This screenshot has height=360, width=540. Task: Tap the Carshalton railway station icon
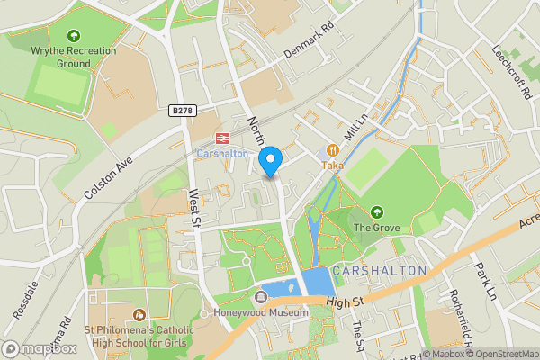(x=220, y=139)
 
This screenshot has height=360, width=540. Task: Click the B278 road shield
(x=182, y=110)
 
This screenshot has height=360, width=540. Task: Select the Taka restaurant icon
(x=332, y=151)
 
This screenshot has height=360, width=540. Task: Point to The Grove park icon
(x=376, y=212)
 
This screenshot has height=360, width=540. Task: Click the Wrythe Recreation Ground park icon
(x=73, y=36)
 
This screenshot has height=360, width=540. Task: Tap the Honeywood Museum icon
(x=262, y=296)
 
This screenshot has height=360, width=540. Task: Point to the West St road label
(x=193, y=210)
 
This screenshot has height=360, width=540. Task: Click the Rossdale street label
(x=25, y=301)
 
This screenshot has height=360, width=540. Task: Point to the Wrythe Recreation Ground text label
(x=73, y=58)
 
